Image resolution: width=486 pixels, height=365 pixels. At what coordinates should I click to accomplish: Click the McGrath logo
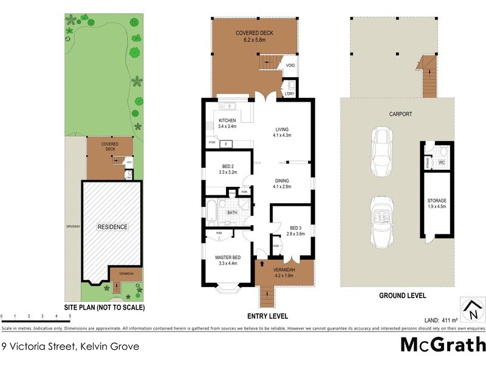(442, 345)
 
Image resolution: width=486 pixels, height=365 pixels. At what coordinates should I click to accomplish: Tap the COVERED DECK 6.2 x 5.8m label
(255, 35)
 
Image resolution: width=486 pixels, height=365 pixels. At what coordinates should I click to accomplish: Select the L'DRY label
(289, 94)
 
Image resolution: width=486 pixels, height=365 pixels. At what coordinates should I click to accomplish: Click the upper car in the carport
(383, 152)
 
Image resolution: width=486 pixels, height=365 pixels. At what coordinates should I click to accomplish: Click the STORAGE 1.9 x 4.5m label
(436, 203)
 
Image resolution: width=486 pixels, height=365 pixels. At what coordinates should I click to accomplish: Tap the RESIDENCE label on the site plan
(113, 227)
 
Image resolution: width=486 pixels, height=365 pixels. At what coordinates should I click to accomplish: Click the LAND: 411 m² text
(440, 319)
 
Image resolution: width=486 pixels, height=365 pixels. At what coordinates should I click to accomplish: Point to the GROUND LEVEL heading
(403, 296)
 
